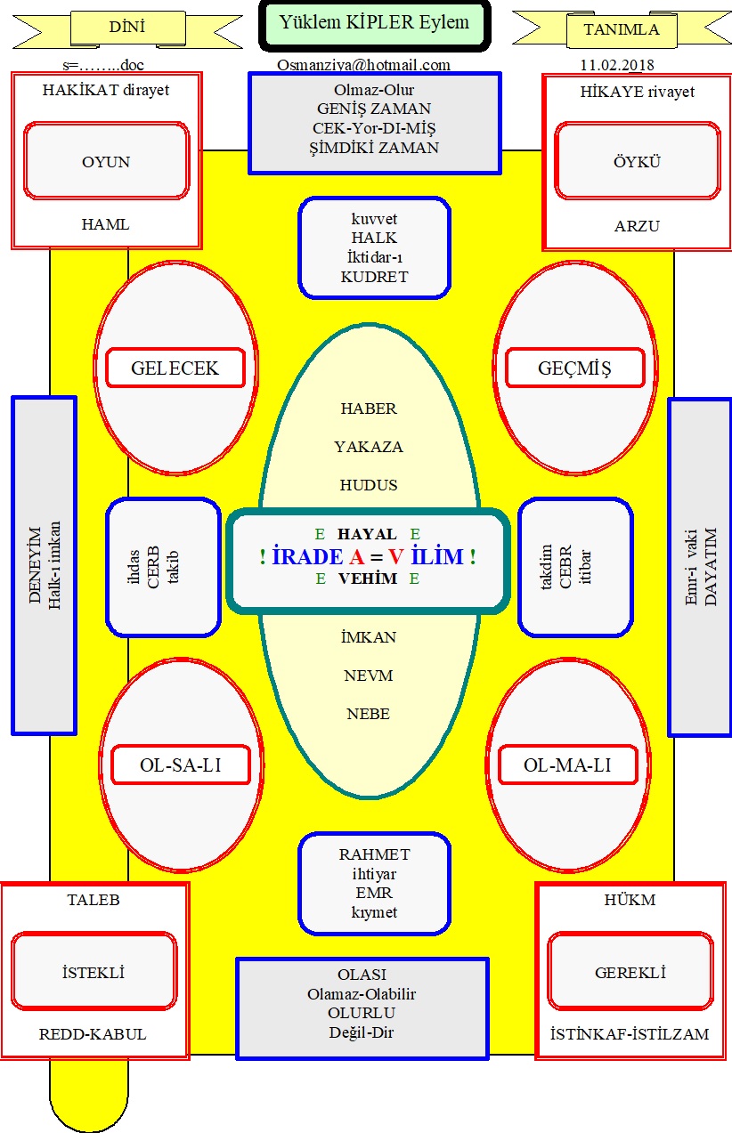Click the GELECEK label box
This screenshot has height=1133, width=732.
(175, 368)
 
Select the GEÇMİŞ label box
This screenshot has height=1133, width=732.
(575, 368)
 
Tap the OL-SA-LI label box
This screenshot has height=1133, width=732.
(181, 765)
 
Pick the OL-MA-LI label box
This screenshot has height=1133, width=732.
(568, 765)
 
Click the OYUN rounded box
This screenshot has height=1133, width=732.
(106, 161)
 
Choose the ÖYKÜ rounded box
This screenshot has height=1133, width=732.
(638, 161)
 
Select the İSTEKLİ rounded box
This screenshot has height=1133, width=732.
(94, 972)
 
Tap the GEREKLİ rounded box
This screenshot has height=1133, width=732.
(630, 972)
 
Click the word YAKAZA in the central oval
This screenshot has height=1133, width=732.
(369, 447)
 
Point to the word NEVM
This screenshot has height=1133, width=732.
(369, 676)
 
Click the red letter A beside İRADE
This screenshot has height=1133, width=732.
(357, 556)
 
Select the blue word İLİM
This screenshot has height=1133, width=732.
(437, 556)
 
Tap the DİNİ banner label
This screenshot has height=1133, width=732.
(127, 27)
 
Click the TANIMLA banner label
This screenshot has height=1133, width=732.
(622, 29)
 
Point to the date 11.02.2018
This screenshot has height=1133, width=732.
(617, 65)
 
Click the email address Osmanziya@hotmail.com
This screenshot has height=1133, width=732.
(363, 65)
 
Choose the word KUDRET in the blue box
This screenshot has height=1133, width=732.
(375, 277)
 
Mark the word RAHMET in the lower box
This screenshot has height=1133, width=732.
(375, 854)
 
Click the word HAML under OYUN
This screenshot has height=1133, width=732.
(106, 224)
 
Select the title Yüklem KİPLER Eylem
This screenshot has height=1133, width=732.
(375, 21)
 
